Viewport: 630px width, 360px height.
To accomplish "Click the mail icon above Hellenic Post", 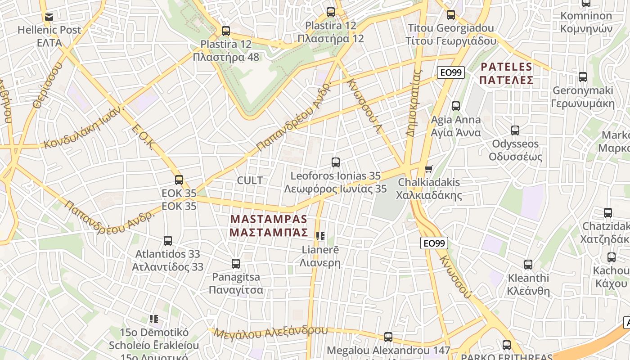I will tap(49, 17).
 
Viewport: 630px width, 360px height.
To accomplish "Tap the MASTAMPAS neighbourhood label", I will tap(269, 226).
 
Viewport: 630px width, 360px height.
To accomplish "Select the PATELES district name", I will tap(507, 74).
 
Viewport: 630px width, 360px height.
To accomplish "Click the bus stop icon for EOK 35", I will tap(179, 180).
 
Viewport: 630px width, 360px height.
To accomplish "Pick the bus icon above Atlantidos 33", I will tap(168, 241).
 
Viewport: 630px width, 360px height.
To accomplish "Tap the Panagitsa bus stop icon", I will tap(236, 264).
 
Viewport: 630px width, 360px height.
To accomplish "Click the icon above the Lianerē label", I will tap(320, 236).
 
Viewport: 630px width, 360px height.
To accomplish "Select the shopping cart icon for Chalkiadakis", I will tap(429, 169).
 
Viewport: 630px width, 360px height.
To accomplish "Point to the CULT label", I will tap(250, 180).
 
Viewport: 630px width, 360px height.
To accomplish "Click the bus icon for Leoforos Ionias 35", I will tap(335, 162).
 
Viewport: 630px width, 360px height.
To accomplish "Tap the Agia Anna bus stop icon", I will tap(456, 106).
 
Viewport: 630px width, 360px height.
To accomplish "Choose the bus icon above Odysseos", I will tap(515, 130).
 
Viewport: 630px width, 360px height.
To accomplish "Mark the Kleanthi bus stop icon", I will tap(528, 265).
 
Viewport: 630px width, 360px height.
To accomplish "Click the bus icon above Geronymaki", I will tap(583, 77).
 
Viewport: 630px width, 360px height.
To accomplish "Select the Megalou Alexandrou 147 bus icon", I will tap(388, 337).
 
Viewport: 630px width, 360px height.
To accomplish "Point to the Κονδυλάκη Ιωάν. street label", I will tap(83, 128).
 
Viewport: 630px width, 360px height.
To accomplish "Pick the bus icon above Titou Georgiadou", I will tap(451, 15).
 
